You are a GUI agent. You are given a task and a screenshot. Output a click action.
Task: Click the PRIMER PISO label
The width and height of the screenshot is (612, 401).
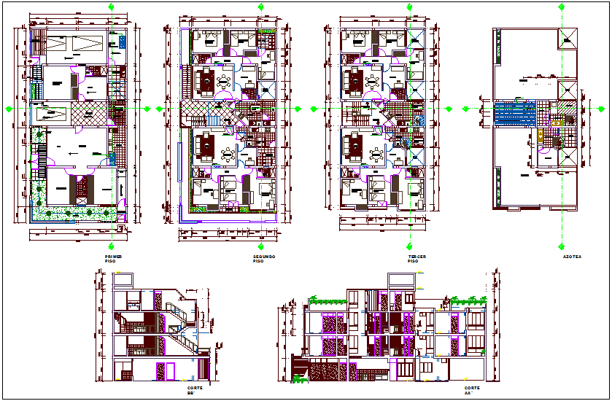pyautogui.click(x=113, y=259)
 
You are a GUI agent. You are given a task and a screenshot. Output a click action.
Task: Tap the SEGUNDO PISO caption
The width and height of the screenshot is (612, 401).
pyautogui.click(x=262, y=259)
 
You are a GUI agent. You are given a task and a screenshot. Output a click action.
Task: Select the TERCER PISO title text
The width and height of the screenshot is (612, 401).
pyautogui.click(x=417, y=259)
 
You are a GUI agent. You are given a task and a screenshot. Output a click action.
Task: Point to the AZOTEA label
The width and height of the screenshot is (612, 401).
pyautogui.click(x=571, y=257)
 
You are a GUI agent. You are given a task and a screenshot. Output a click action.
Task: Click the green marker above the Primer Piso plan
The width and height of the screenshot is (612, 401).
pyautogui.click(x=111, y=7)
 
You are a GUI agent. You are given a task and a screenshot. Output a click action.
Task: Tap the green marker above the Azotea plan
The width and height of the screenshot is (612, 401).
pyautogui.click(x=562, y=7)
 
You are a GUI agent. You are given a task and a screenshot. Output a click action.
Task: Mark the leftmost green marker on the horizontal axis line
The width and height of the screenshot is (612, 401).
pyautogui.click(x=9, y=109)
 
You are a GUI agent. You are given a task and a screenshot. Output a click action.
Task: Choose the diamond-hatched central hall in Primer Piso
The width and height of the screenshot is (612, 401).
pyautogui.click(x=88, y=114)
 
